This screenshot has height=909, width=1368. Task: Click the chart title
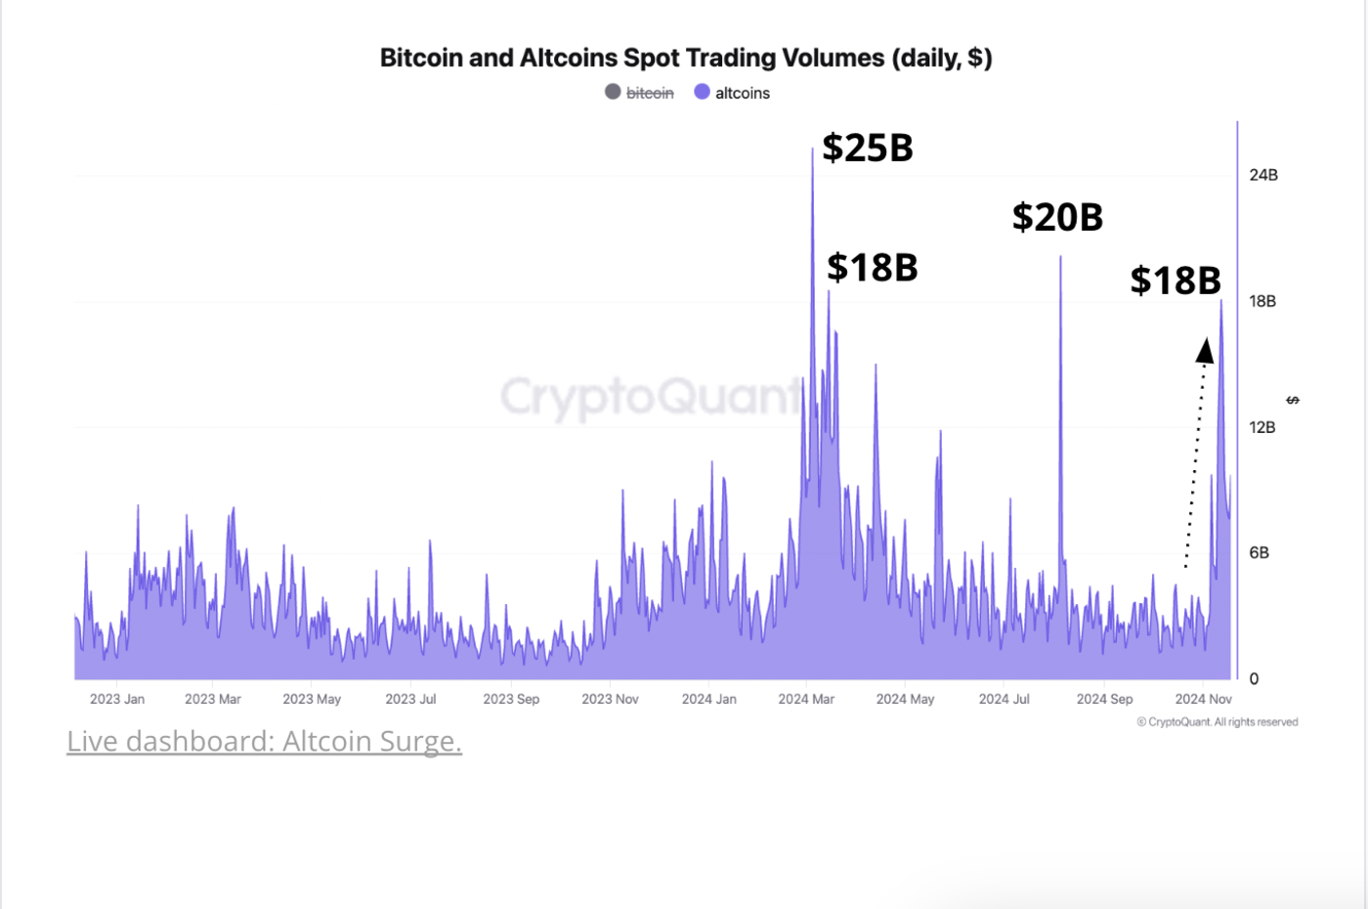686,58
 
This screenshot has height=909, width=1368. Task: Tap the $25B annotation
867,148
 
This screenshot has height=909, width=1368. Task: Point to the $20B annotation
1057,217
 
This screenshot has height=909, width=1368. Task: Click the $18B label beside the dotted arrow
1176,281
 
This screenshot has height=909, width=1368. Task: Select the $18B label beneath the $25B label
872,267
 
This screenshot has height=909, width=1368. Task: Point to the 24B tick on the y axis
1262,175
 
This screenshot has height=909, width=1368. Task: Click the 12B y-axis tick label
1261,427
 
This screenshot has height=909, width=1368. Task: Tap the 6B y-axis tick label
1259,553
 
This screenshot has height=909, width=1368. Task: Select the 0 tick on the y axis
1254,679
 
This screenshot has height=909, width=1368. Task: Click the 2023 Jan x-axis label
117,699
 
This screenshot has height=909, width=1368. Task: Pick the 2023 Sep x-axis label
511,699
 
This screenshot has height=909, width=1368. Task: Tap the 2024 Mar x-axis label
806,699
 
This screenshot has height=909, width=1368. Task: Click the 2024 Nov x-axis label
1203,699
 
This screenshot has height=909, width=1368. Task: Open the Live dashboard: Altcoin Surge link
264,741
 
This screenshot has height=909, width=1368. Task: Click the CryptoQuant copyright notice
1218,722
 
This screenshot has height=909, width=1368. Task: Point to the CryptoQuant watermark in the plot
650,397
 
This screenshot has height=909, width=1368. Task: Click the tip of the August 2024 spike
1060,257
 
